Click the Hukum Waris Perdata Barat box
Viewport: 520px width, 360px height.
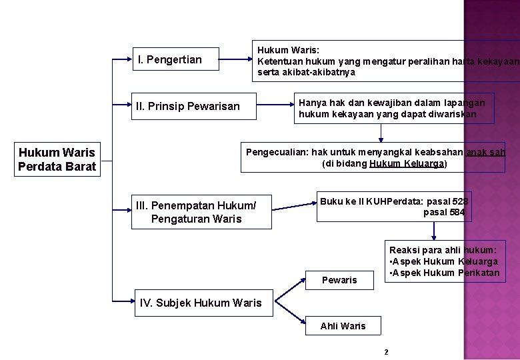coord(57,160)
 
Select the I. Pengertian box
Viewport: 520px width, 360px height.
coord(175,59)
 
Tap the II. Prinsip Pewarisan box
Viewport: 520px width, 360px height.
coord(193,106)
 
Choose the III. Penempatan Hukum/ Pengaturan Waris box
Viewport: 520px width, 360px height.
coord(201,212)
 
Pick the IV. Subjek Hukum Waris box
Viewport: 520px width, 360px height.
coord(201,303)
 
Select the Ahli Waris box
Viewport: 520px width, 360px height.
coord(343,326)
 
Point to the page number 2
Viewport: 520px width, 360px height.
coord(386,351)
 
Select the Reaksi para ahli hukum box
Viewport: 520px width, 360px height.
coord(443,261)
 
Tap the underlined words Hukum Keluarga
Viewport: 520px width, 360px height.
coord(407,164)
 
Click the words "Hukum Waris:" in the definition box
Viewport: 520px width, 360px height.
coord(288,50)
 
